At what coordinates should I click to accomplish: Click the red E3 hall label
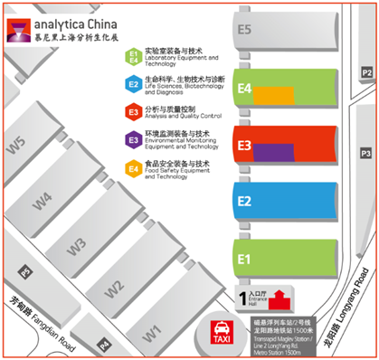pos(244,144)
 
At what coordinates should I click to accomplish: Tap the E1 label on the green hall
pos(244,258)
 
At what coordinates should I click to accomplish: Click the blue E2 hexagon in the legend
pos(133,85)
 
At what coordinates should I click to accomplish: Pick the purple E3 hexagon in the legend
pos(133,139)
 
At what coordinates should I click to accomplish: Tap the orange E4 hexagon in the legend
pos(133,166)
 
